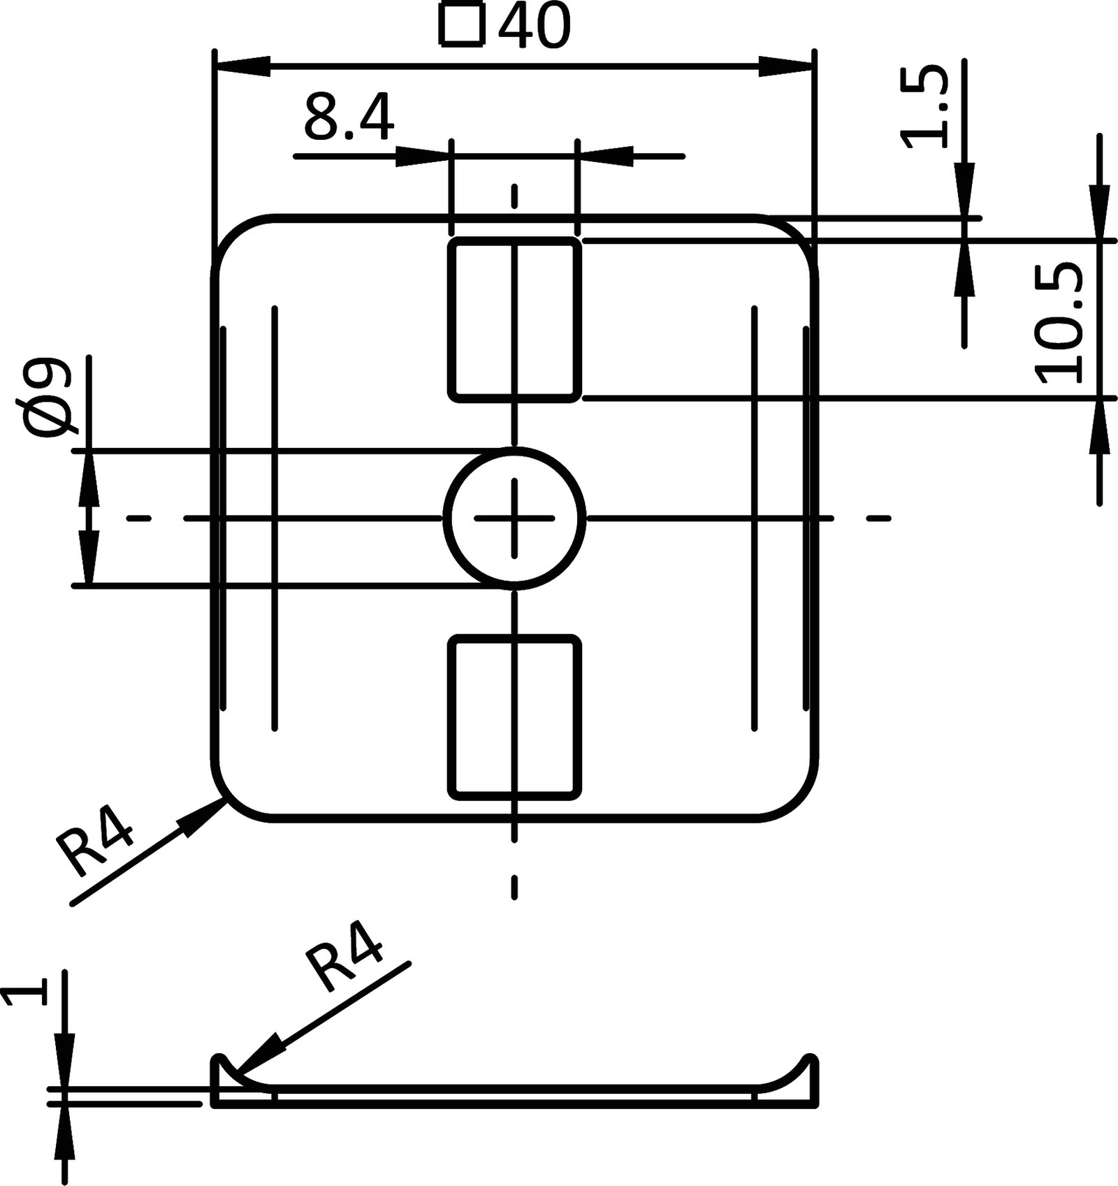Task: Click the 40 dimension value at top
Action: [x=534, y=27]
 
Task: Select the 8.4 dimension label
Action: [x=349, y=120]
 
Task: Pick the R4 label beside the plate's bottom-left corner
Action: [x=96, y=848]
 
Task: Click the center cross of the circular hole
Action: [x=514, y=518]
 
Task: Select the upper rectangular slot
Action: [x=514, y=319]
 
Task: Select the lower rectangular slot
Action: [x=514, y=716]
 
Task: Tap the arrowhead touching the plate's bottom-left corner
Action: [x=207, y=814]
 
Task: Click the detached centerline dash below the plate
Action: [x=514, y=887]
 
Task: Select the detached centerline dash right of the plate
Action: [x=879, y=518]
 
